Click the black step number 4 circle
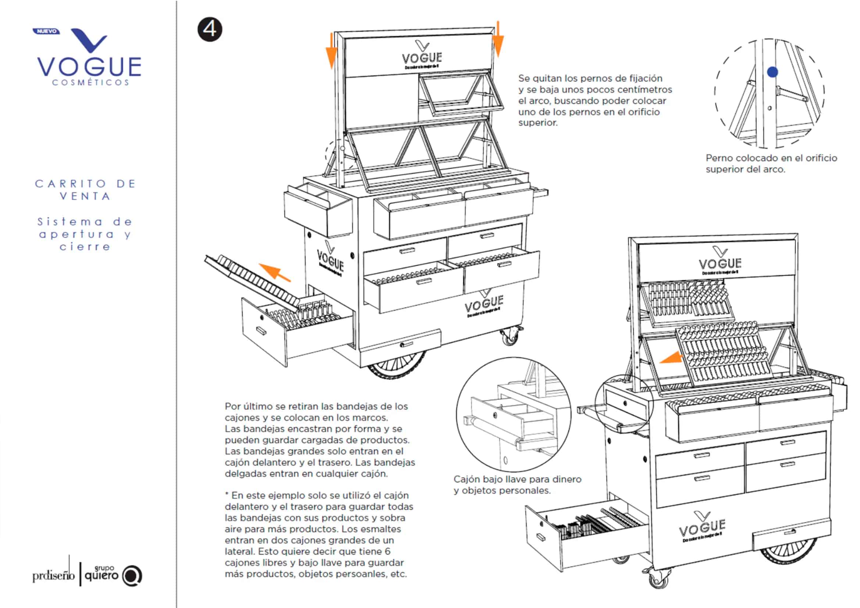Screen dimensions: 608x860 (210, 29)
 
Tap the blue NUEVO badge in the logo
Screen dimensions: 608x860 (46, 32)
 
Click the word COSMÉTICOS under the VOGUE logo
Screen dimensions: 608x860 (91, 83)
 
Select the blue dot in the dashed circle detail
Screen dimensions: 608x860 (772, 72)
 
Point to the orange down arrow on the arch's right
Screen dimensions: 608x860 (498, 40)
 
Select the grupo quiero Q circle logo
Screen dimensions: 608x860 (132, 576)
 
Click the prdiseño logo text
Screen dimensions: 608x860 (53, 575)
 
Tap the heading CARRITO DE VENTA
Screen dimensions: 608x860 (86, 190)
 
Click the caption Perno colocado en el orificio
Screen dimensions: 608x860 (771, 158)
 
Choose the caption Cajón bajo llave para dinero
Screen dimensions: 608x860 (517, 480)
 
